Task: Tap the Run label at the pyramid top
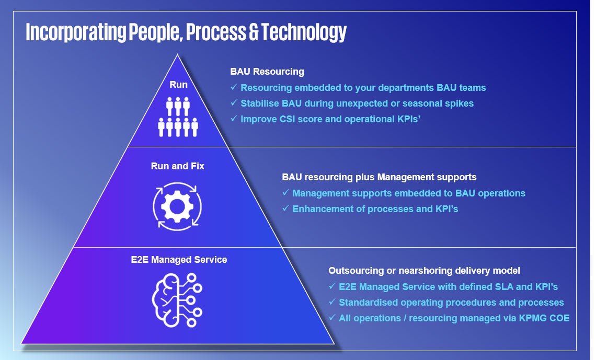[x=178, y=85]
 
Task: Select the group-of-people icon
[x=178, y=117]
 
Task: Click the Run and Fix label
[x=178, y=166]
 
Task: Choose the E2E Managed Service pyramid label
[x=179, y=259]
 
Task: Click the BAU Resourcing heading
[x=267, y=72]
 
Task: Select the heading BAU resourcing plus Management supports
[x=379, y=177]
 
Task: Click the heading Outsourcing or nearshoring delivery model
[x=424, y=271]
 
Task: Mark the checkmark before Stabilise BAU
[x=234, y=103]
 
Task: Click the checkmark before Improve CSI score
[x=234, y=119]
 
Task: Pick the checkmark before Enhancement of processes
[x=285, y=209]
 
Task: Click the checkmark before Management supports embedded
[x=285, y=193]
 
